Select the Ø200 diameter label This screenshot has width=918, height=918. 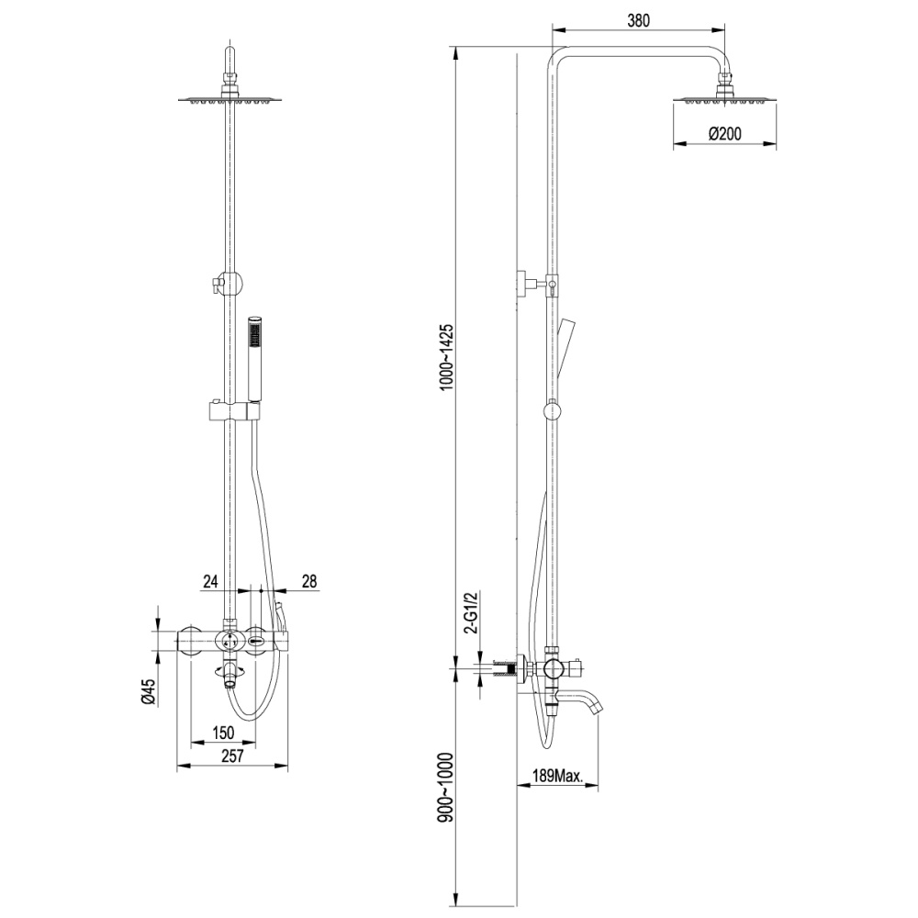coord(725,134)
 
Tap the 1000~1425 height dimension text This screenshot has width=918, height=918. coord(447,358)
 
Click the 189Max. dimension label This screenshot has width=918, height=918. coord(559,777)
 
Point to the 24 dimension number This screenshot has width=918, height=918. coord(210,580)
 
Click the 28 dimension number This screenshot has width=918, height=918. coord(308,580)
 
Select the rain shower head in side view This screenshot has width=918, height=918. coord(724,98)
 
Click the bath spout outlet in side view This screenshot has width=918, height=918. coord(597,706)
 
